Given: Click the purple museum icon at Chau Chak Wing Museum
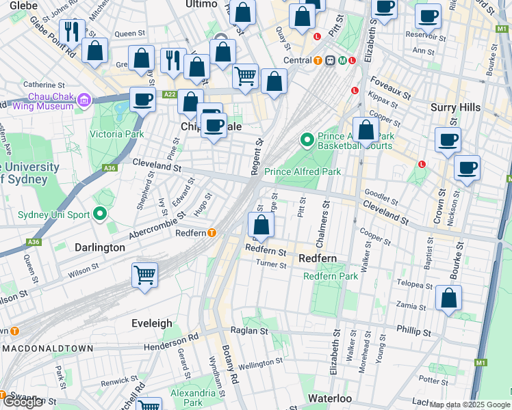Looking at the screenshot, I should point(84,101).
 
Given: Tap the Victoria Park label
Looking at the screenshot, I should point(117,134).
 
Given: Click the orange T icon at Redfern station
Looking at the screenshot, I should point(213,233).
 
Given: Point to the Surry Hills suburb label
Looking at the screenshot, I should point(455,107).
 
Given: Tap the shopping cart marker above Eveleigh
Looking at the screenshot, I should point(144,276).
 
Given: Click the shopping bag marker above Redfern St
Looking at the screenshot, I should point(261,225).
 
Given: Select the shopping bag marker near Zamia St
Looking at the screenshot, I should point(448,298).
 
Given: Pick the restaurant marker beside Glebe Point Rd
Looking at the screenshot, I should point(72,31).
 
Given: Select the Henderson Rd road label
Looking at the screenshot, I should point(171,342).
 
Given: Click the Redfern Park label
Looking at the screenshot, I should point(331,276).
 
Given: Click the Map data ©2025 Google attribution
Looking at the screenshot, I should point(470,405).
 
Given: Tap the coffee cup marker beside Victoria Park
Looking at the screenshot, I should point(142,100).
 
